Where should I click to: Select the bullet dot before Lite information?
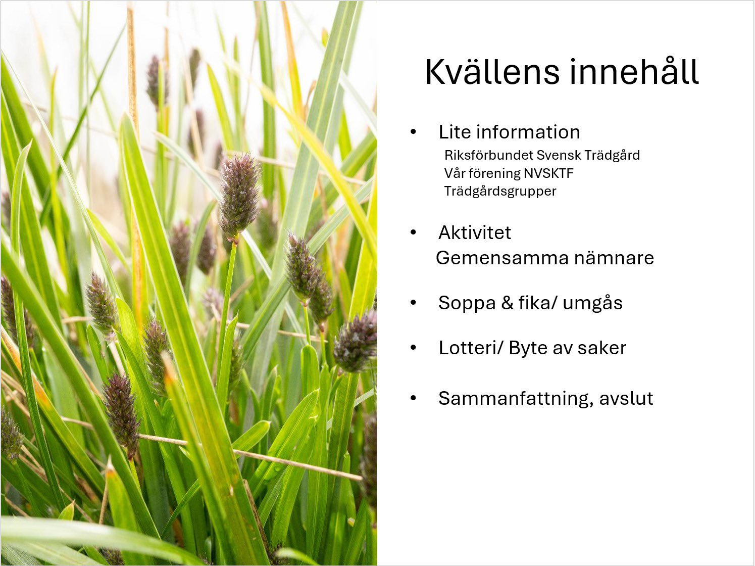[414, 132]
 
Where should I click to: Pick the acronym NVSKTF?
[548, 173]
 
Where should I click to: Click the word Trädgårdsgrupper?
[500, 192]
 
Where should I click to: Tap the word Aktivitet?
[475, 232]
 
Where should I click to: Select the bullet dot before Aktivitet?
[414, 232]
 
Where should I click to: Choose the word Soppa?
[467, 303]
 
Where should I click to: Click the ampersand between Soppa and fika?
[508, 303]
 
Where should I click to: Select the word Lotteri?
[468, 348]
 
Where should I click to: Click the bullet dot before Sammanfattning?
[414, 398]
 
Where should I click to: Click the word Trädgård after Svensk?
[612, 155]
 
